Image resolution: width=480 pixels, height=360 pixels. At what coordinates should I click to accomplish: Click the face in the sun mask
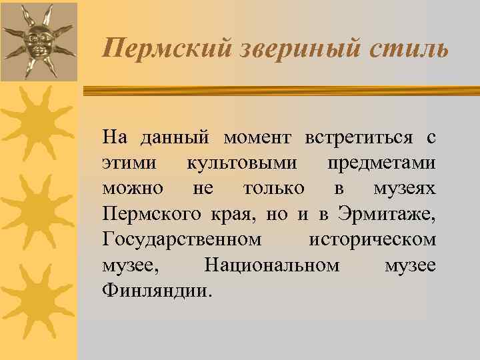point(37,41)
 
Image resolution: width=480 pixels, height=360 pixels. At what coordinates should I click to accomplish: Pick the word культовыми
point(242,163)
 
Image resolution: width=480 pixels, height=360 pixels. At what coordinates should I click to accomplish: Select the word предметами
point(381,163)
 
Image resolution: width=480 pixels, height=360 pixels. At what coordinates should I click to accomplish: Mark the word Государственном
point(182,239)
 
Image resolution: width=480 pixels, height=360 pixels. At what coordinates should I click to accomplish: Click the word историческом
point(373,239)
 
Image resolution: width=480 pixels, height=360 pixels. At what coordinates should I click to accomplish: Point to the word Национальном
point(271,264)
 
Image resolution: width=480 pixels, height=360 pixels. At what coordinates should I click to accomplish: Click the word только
point(274,188)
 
